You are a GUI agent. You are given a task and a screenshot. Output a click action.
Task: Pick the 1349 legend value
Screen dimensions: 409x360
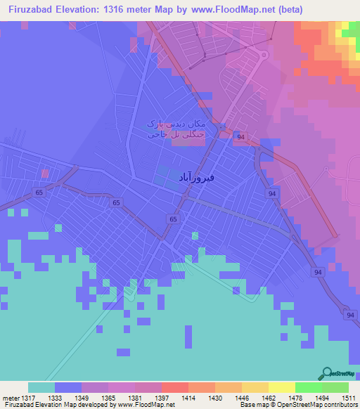coord(82,398)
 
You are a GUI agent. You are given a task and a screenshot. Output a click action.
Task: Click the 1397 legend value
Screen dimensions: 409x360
coord(162,398)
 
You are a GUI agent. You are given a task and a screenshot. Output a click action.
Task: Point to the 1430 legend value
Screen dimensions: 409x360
coord(215,398)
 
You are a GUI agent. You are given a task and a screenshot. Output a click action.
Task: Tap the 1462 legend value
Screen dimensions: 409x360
coord(269,398)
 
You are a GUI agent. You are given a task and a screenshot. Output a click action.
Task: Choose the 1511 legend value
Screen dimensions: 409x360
coord(348,398)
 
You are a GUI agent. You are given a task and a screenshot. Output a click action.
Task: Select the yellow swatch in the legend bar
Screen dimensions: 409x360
coord(281,387)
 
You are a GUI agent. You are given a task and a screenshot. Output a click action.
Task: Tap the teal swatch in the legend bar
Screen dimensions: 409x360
coord(41,387)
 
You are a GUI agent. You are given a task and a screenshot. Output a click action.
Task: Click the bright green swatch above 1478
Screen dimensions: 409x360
coord(308,387)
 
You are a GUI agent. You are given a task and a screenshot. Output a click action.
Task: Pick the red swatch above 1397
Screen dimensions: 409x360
coord(174,387)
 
